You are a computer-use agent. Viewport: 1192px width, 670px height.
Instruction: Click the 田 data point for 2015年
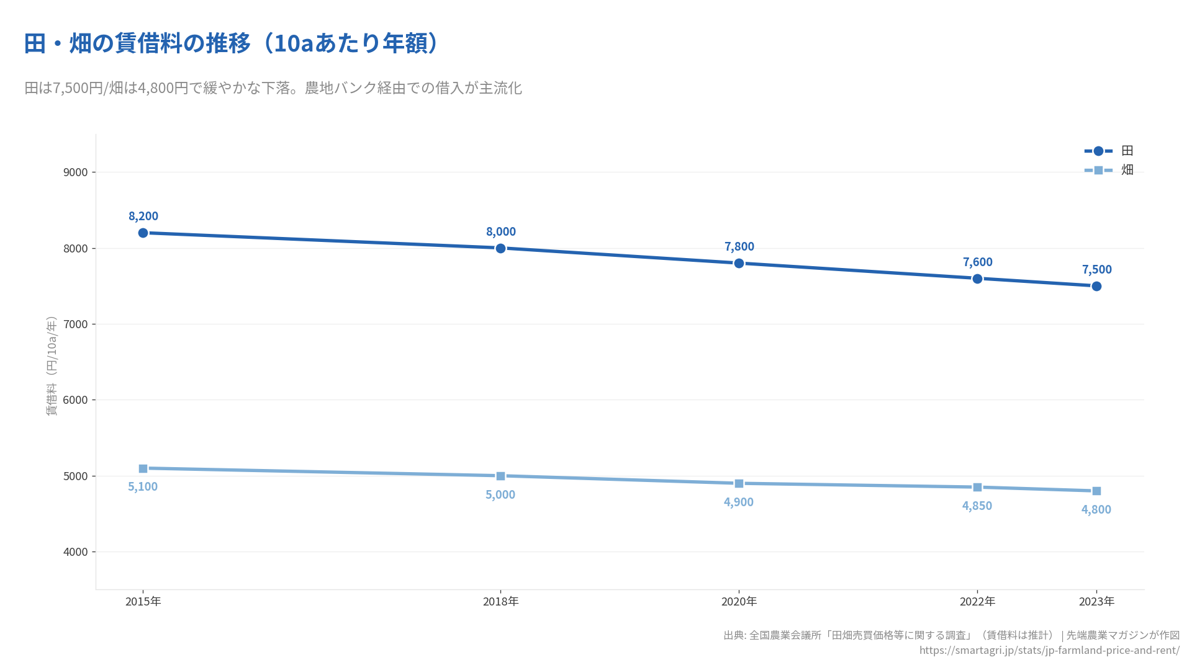[x=143, y=233]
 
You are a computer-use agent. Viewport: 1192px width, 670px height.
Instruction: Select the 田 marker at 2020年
[x=739, y=264]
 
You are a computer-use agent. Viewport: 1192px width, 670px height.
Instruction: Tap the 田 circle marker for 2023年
[x=1096, y=287]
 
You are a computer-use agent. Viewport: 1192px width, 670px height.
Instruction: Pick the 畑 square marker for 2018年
[x=500, y=476]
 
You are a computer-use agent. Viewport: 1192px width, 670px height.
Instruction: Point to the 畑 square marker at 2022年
[x=977, y=488]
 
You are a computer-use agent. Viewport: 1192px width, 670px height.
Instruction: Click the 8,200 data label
[x=143, y=216]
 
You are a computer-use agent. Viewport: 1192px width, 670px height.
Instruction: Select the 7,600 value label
[x=978, y=262]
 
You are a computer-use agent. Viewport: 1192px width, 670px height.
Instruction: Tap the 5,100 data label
[x=143, y=487]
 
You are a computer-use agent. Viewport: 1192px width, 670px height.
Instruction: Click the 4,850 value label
[x=977, y=506]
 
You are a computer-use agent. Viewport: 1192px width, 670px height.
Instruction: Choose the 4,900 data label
[x=739, y=502]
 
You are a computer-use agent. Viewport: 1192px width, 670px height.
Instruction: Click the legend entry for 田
[x=1109, y=151]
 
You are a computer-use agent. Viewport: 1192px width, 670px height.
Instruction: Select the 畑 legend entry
[x=1109, y=170]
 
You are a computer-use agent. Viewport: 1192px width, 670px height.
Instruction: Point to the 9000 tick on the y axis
[x=76, y=172]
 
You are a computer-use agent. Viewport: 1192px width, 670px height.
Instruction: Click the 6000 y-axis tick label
[x=76, y=400]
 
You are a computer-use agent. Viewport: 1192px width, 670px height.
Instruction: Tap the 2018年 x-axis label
[x=501, y=602]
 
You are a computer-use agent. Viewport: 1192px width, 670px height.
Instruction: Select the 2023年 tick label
[x=1096, y=602]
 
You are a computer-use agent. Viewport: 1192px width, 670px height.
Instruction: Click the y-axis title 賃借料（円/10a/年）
[x=52, y=366]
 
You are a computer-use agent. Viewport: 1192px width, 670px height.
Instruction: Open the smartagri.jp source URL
[x=1049, y=650]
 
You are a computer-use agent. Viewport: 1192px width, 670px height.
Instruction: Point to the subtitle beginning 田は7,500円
[x=273, y=88]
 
